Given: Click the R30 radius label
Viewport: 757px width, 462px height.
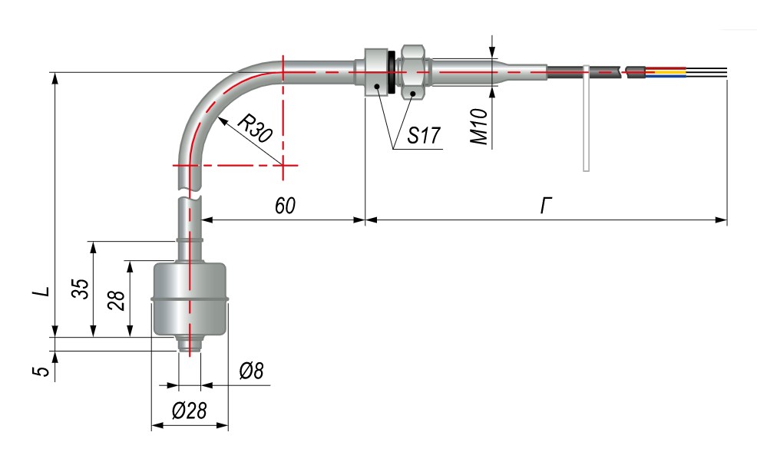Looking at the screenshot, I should pos(254,128).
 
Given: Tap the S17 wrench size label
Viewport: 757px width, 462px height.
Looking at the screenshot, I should pos(422,137).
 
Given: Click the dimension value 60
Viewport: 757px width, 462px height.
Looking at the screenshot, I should pos(284,205).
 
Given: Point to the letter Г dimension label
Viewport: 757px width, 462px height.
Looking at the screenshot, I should pos(546,205).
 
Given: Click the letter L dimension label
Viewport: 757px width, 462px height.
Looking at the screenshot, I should pos(44,292).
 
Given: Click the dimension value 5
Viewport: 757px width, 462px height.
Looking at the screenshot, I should pos(44,371).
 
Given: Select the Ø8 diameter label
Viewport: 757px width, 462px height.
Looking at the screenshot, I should pos(251,371).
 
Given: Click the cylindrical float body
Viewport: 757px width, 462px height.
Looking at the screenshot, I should pos(190,299).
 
